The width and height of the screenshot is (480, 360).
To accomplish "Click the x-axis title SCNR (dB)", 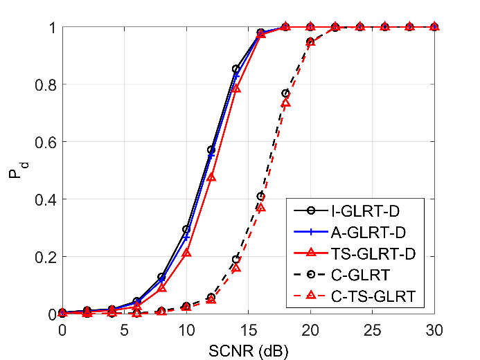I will pos(248,351).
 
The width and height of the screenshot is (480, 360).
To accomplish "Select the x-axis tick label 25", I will pos(372,330).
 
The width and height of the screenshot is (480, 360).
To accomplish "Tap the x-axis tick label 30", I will pos(434,330).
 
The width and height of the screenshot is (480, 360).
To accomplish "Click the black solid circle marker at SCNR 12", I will pos(211,150).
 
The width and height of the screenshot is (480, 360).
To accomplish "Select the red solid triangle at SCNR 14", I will pos(236,89).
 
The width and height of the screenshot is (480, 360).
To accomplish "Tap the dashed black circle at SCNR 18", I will pos(285,93).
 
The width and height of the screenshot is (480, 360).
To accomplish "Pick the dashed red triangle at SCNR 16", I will pos(261,207).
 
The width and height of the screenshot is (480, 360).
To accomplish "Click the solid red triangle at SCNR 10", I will pos(186,253).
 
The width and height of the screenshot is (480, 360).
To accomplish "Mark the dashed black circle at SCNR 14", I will pos(236,259).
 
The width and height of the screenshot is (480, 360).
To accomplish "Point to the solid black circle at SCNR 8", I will pos(161,277).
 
